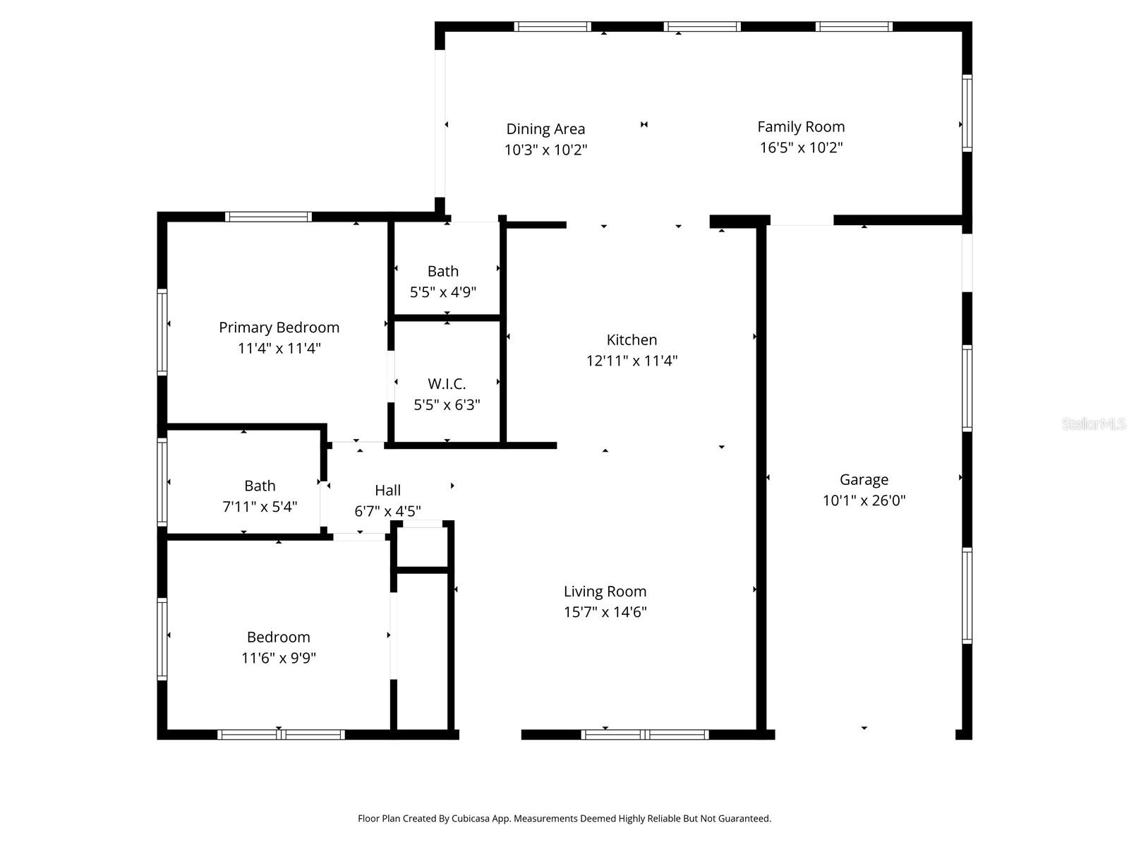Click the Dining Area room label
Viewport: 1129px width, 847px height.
[x=545, y=129]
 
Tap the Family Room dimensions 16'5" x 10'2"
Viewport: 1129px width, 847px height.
[x=801, y=148]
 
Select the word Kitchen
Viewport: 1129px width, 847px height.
[x=632, y=340]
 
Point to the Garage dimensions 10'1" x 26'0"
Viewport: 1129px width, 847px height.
[x=864, y=500]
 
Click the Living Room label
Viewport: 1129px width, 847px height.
[x=605, y=591]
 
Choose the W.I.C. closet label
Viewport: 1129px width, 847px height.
[x=447, y=384]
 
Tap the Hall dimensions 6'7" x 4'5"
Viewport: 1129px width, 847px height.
[x=387, y=511]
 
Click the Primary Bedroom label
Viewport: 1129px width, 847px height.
[x=279, y=328]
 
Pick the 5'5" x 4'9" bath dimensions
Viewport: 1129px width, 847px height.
[x=443, y=292]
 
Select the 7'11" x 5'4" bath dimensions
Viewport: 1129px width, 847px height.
[x=260, y=507]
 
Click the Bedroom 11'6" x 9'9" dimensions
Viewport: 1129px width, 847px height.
[x=278, y=658]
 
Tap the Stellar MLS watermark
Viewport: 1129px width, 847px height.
[x=1094, y=423]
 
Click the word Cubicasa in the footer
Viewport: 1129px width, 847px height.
[x=471, y=819]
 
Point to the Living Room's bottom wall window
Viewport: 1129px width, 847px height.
[x=645, y=734]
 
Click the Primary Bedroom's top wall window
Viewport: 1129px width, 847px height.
[x=268, y=217]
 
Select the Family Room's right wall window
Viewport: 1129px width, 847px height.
[x=967, y=113]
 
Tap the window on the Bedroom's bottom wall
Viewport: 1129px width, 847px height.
[x=281, y=734]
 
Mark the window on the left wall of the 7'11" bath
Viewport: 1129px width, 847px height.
[x=162, y=482]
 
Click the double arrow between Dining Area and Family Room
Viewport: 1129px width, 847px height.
[x=644, y=124]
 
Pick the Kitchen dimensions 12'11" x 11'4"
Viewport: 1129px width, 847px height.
[x=632, y=361]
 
